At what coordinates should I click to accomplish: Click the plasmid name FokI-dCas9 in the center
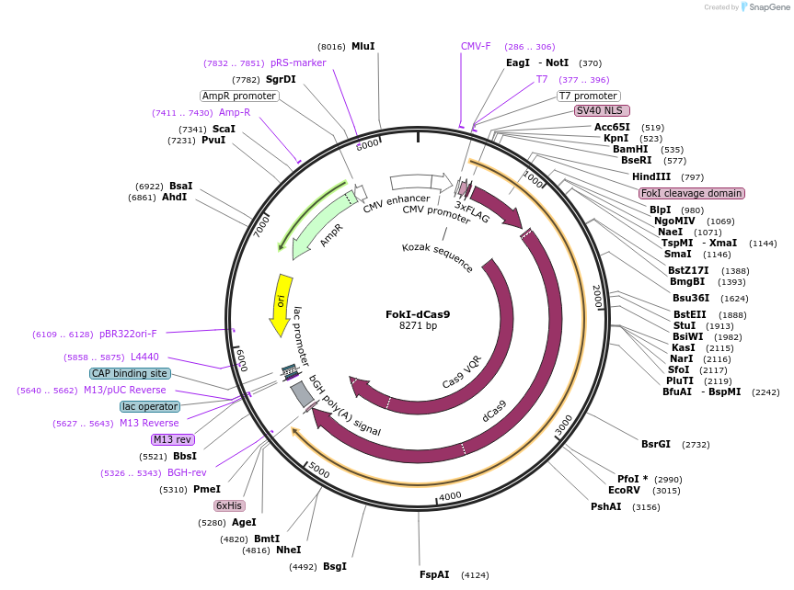point(418,313)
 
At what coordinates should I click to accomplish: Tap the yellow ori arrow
point(280,303)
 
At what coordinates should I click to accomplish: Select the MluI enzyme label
point(362,46)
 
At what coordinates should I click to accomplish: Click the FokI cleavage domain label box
point(692,193)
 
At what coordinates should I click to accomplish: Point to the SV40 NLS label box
point(602,110)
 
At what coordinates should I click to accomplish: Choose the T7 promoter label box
point(589,96)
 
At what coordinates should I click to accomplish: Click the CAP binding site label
point(130,373)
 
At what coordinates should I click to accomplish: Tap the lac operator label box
point(150,406)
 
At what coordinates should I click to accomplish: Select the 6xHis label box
point(229,505)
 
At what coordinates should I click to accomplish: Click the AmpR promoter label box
point(239,96)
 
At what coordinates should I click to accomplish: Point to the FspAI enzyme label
point(435,574)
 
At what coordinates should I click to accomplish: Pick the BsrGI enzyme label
point(656,444)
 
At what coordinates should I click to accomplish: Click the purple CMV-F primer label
point(476,46)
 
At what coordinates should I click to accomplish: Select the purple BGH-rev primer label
point(187,472)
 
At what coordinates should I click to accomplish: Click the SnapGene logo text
point(771,7)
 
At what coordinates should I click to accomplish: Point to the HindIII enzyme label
point(651,176)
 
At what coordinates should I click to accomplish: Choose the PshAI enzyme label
point(606,506)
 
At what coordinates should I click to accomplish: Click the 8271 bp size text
point(418,326)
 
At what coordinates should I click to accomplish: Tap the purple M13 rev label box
point(172,439)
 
